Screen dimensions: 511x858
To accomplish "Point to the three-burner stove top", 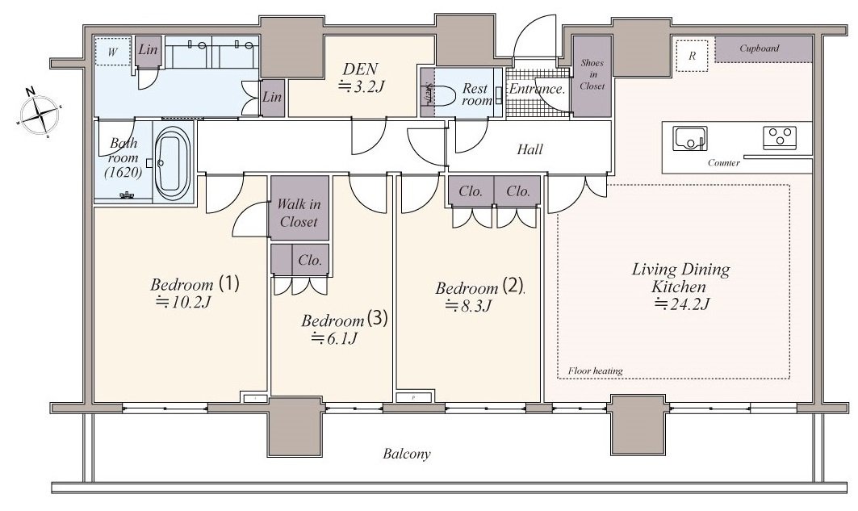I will click(781, 137).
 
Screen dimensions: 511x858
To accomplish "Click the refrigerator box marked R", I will click(692, 57).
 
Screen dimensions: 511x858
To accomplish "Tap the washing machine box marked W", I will click(113, 52).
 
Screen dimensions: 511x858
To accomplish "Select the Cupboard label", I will click(759, 48).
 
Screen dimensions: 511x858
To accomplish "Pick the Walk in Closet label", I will click(299, 213).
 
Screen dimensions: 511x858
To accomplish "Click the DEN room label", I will click(360, 69).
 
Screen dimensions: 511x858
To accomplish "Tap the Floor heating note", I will click(595, 371).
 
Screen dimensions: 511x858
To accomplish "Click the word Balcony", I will click(406, 454).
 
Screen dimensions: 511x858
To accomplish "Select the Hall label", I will click(529, 149).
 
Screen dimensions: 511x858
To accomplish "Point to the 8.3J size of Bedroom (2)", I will click(467, 306).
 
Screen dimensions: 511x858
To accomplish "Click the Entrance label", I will click(537, 89).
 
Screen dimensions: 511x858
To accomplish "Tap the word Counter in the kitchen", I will click(723, 163).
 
